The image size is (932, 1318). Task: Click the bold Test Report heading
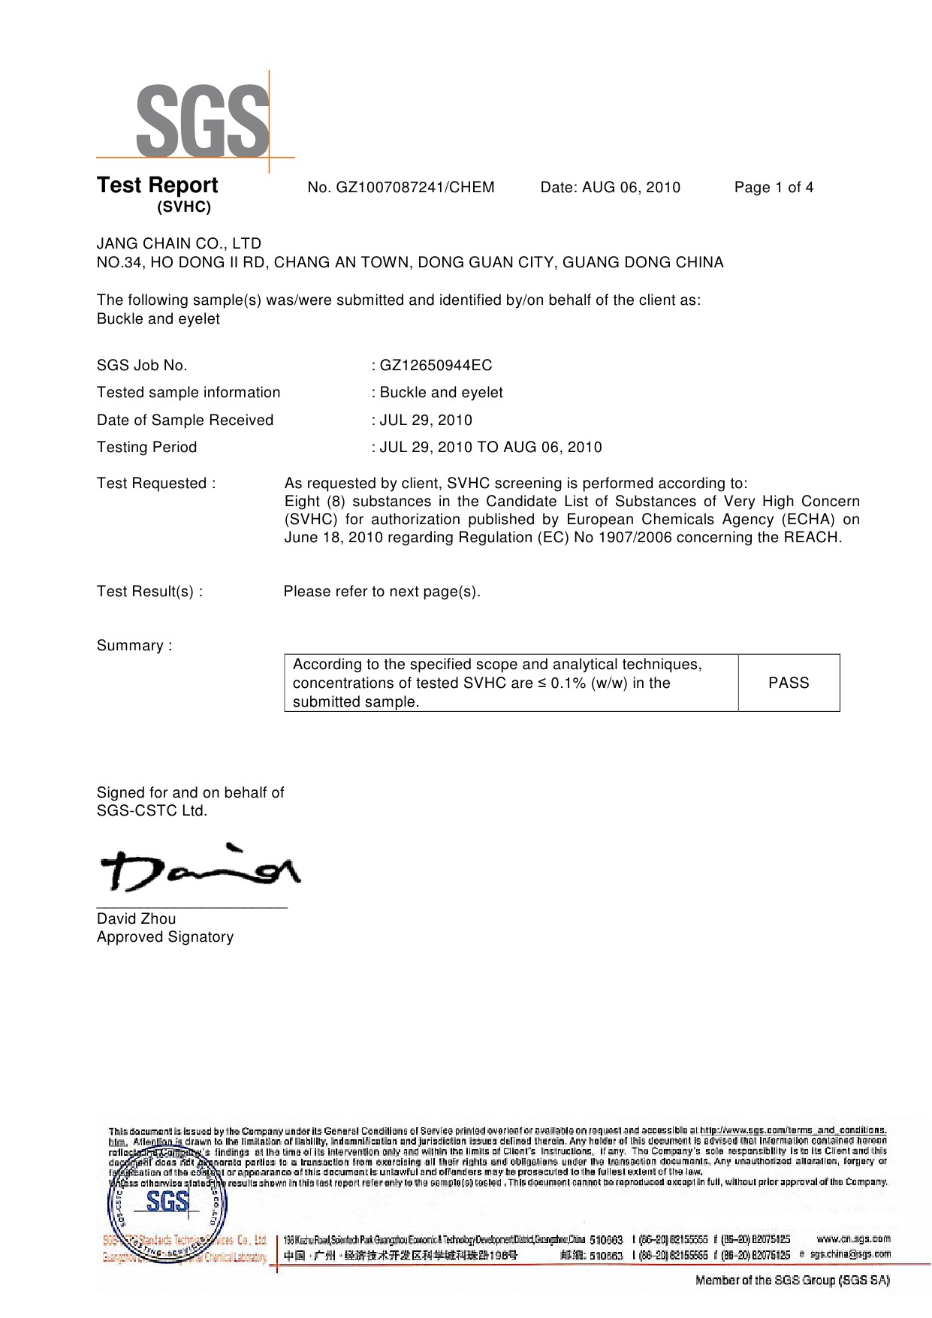(x=157, y=185)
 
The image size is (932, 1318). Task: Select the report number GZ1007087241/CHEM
(x=401, y=188)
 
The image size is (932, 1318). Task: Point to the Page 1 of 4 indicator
(x=774, y=188)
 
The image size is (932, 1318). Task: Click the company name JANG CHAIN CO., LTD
(x=179, y=243)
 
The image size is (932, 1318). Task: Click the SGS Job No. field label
(x=142, y=366)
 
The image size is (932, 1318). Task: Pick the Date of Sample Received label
(x=185, y=421)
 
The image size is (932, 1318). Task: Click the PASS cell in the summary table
(x=789, y=683)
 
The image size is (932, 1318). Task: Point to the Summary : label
(x=134, y=646)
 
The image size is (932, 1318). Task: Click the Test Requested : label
(x=156, y=484)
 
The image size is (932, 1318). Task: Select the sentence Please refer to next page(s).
(x=382, y=592)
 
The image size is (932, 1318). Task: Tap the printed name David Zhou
(x=136, y=919)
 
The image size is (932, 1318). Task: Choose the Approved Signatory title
(x=165, y=937)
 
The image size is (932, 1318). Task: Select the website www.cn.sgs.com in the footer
(x=853, y=1238)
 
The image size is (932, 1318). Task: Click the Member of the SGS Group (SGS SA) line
(x=792, y=1280)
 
